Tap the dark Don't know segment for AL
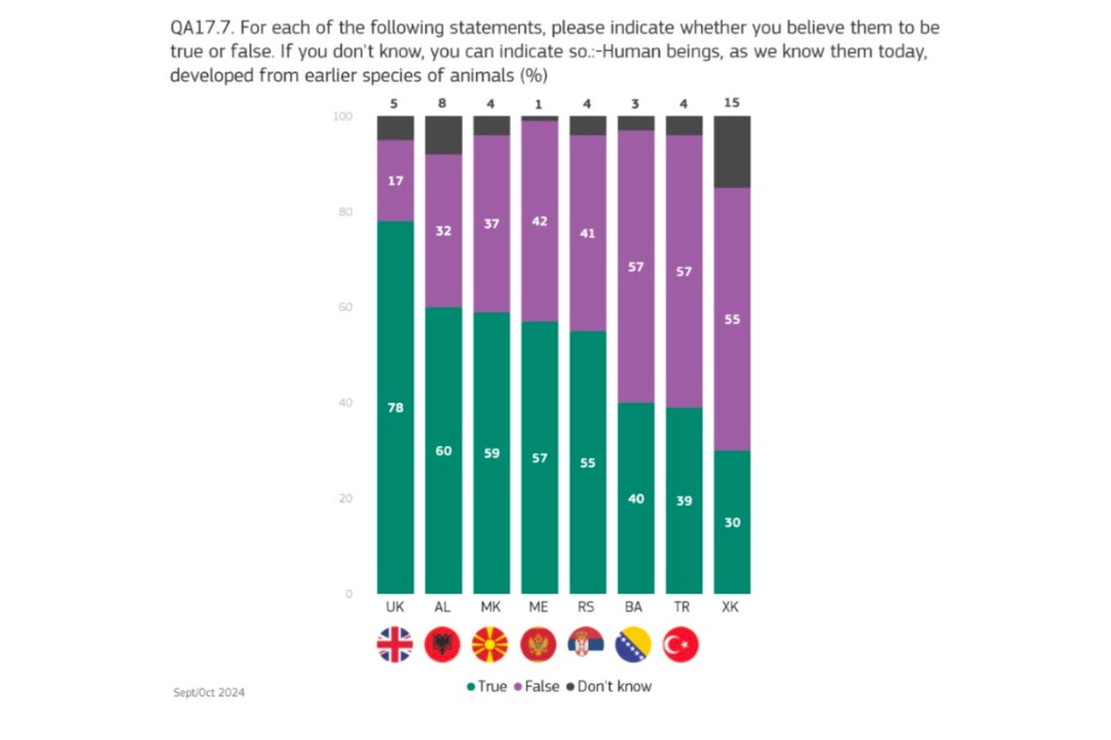443,135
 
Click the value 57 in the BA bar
636,266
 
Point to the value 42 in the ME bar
540,221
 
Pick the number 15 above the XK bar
731,103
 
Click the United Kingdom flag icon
395,644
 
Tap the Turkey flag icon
683,644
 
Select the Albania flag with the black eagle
443,644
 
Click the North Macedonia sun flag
491,644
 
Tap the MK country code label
491,608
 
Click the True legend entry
487,686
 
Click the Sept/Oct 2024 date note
209,692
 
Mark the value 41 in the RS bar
588,233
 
